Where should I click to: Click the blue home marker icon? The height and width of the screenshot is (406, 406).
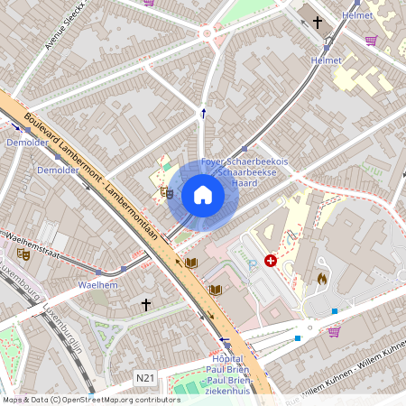[x=203, y=195]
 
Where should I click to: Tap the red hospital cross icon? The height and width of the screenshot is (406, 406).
[x=271, y=261]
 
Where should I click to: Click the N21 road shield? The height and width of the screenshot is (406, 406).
[x=144, y=376]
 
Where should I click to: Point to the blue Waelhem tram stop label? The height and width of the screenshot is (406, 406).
[x=98, y=284]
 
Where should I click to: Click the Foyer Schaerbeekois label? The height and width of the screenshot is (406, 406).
[x=245, y=161]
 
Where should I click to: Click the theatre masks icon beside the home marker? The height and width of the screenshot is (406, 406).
[x=166, y=191]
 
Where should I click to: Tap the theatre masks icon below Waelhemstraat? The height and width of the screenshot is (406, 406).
[x=24, y=255]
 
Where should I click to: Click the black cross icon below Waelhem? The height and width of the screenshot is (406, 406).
[x=145, y=305]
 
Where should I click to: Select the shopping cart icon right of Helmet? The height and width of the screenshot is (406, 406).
[x=371, y=40]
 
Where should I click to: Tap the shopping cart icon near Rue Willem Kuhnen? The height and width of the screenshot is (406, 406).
[x=334, y=332]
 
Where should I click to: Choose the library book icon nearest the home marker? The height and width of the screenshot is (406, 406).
[x=190, y=263]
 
